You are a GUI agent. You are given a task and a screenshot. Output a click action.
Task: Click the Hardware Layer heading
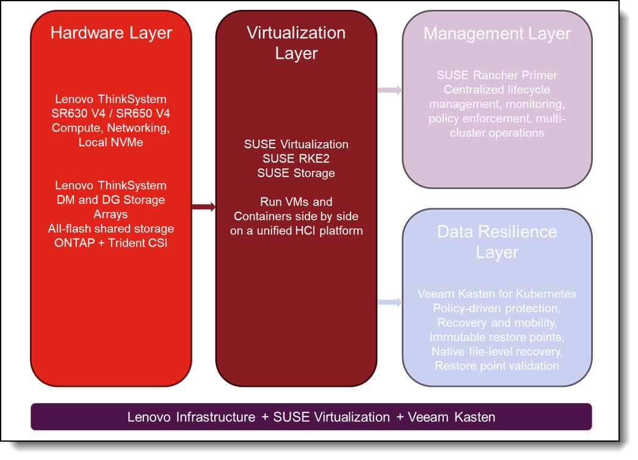tap(111, 32)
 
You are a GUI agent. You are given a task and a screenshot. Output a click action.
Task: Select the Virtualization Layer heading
tap(296, 42)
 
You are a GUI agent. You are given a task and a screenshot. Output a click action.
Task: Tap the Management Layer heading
tap(497, 33)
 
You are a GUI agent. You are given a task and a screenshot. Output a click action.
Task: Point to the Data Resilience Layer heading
tap(497, 242)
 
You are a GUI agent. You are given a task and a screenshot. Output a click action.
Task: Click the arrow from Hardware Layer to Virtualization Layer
tap(204, 207)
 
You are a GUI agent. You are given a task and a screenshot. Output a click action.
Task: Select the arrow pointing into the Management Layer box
tap(390, 91)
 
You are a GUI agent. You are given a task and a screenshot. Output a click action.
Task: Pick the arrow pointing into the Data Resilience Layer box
tap(390, 302)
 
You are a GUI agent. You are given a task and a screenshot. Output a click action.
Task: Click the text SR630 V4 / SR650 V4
tap(111, 113)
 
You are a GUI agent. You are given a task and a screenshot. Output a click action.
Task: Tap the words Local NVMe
tap(111, 142)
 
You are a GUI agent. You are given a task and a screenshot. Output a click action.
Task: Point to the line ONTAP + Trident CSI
tap(111, 243)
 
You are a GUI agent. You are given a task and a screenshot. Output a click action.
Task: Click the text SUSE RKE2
tap(296, 159)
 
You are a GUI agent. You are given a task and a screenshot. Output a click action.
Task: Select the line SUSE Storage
tap(296, 173)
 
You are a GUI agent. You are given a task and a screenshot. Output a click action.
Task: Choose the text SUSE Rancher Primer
tap(497, 76)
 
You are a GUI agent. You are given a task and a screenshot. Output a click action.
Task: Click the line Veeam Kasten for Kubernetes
tap(497, 294)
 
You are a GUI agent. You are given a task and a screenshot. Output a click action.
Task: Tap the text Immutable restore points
tap(497, 337)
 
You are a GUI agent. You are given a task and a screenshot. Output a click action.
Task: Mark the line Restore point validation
tap(497, 365)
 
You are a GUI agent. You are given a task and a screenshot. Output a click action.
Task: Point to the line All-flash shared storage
tap(111, 229)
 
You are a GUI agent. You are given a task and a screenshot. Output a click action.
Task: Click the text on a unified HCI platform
tap(296, 231)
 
